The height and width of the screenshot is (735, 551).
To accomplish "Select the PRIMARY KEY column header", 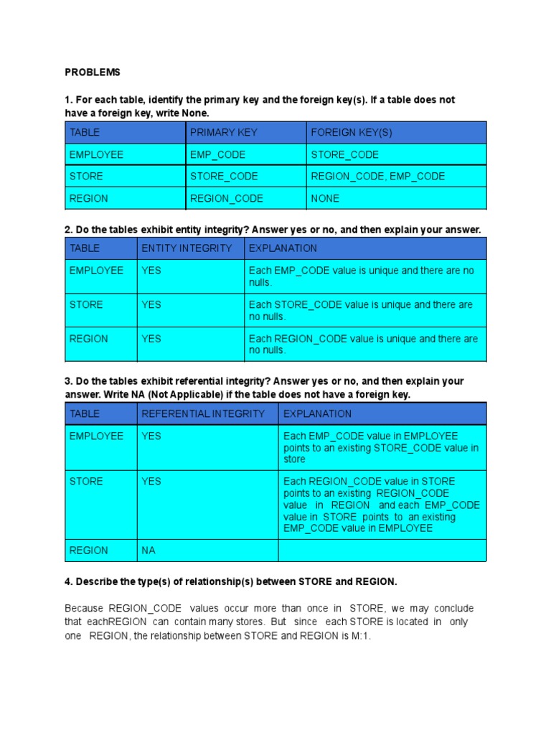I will [224, 133].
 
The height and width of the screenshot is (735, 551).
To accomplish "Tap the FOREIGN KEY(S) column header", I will [352, 133].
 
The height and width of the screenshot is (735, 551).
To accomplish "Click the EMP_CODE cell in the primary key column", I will [218, 154].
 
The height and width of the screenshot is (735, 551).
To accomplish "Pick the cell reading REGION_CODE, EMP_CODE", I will [378, 177].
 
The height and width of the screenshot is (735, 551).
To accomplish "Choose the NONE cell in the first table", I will [326, 198].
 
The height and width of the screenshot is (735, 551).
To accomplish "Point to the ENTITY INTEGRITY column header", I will [187, 248].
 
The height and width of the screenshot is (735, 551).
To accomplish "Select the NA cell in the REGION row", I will [149, 551].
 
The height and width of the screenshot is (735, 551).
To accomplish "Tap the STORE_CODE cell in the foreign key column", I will [345, 154].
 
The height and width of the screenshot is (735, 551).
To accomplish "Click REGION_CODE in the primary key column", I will [227, 198].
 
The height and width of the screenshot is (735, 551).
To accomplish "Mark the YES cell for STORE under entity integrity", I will [151, 304].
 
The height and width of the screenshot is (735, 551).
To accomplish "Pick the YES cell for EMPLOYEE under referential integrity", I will [151, 436].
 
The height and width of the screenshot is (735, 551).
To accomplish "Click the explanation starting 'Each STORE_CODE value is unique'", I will [361, 310].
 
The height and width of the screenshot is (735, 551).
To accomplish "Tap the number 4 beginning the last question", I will [67, 581].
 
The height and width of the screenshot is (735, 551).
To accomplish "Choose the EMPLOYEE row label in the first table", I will [96, 154].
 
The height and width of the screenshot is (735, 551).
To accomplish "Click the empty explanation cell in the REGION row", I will [382, 551].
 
